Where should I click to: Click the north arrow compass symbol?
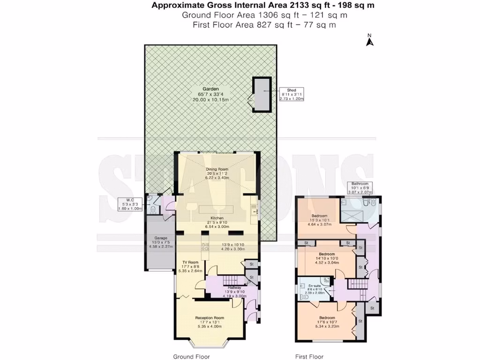(369, 41)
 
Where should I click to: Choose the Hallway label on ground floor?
(234, 287)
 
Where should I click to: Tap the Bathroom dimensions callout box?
(360, 188)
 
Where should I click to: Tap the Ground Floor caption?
(191, 356)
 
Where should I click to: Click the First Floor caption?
(309, 356)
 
